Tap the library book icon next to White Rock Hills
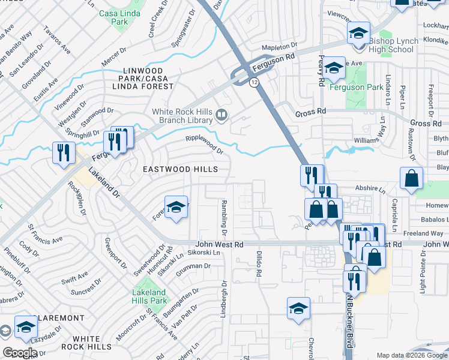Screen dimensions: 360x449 click(222, 114)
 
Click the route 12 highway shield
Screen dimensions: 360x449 click(255, 82)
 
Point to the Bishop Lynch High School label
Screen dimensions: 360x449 click(399, 45)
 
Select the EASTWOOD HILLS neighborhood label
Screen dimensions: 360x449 click(180, 170)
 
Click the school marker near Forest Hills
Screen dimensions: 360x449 click(176, 208)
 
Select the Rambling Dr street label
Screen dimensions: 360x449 click(224, 217)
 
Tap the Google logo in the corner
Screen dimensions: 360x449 click(20, 352)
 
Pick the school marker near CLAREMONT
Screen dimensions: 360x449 click(26, 328)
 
